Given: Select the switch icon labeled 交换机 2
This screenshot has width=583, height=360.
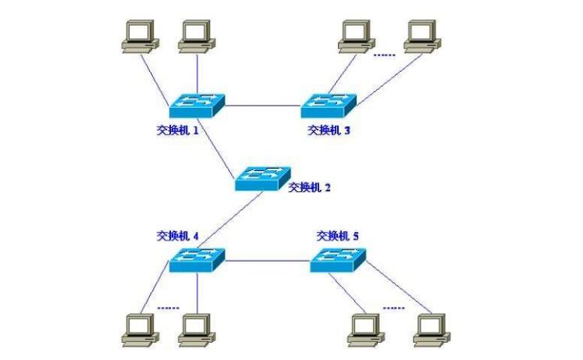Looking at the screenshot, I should tap(263, 179).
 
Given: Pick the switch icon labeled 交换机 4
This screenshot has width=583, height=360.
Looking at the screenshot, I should tap(197, 259).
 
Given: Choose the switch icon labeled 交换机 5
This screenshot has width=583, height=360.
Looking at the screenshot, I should tap(338, 259).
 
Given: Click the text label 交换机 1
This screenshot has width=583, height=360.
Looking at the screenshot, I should tap(178, 130).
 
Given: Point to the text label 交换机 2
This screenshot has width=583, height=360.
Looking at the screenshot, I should tap(310, 187).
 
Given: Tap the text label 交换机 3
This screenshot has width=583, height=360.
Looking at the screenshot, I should tap(329, 130).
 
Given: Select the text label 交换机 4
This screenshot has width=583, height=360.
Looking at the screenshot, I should tap(178, 234).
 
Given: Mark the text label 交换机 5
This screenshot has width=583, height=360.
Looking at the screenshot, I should tap(338, 235).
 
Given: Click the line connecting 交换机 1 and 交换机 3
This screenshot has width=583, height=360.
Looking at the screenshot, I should tap(262, 105).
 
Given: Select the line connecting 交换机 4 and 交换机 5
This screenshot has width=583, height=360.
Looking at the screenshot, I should tap(267, 260).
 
